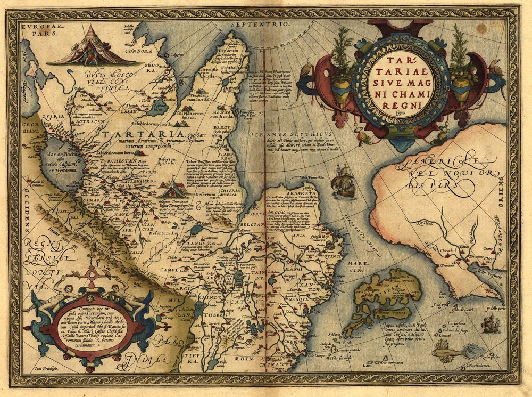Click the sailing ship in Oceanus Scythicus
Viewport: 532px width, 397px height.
point(343,181)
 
